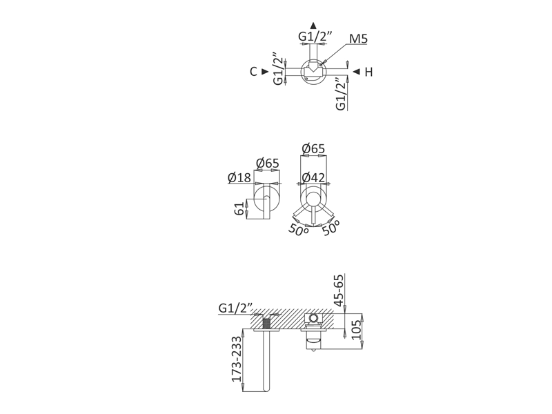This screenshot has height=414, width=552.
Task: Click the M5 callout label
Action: click(358, 39)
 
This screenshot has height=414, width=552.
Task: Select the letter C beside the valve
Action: click(254, 72)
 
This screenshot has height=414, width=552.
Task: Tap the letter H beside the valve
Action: click(368, 72)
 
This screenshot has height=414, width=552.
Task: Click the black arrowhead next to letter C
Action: click(266, 72)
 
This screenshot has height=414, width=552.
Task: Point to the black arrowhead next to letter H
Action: click(355, 72)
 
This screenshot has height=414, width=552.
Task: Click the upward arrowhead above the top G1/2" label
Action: click(314, 23)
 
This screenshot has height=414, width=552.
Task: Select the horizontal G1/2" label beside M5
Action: click(315, 37)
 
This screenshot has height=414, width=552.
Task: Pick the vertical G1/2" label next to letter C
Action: click(279, 68)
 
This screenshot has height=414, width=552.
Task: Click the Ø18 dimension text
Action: click(239, 178)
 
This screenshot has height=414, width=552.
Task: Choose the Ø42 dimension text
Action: click(313, 178)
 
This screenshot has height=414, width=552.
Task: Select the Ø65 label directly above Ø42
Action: click(313, 149)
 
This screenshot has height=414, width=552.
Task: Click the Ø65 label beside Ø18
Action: click(267, 164)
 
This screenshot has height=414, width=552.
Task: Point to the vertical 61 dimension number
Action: click(239, 209)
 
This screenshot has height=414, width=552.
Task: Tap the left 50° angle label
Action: click(299, 230)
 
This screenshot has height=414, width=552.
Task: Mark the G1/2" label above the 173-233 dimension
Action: click(236, 307)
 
